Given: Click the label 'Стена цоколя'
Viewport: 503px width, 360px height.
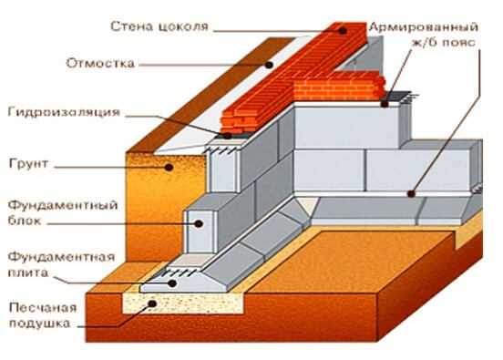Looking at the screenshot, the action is pos(159,26).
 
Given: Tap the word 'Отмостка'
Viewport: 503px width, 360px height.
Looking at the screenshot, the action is pos(100,63).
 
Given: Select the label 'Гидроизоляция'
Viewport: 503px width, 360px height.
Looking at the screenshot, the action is pos(64,113).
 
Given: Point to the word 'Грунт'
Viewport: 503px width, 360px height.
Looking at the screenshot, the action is pos(28,164).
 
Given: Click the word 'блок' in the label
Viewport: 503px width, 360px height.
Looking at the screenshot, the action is pos(25,221).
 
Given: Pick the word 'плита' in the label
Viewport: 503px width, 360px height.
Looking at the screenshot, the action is pos(28,273).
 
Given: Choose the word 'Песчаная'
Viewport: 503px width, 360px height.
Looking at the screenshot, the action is pos(43,308).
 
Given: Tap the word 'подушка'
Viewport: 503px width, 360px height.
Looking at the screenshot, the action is pos(39,324).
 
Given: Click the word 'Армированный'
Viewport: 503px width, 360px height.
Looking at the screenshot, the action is pos(424,27).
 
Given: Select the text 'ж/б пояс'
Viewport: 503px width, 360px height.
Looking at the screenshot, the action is pos(443,43).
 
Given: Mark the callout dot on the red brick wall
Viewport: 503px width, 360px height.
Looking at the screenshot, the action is pos(343,31).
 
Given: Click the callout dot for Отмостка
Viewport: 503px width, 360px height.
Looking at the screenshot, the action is pos(269,65).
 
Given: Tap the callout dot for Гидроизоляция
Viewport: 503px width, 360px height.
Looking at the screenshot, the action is pos(227,136).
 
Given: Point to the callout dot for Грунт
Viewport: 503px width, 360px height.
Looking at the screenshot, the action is pos(169,167).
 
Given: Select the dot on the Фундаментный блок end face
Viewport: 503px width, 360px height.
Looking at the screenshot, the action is pos(199,223).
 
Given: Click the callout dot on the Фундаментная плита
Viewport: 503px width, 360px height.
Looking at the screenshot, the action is pos(172,283).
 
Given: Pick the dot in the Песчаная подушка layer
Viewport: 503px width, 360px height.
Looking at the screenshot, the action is pos(152,303).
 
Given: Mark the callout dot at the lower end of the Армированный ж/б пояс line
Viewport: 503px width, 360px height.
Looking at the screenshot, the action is pos(411,193).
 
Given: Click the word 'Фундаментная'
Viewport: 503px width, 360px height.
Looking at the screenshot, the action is pos(61,257).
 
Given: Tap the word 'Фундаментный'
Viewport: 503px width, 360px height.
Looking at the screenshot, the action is pos(63,205).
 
